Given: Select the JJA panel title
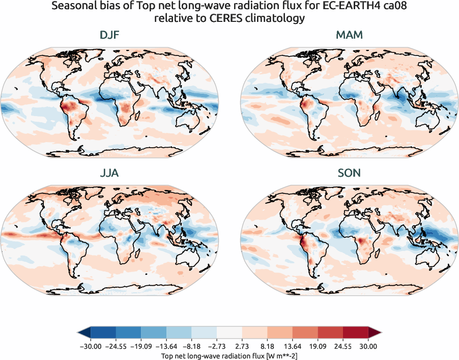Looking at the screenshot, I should pyautogui.click(x=109, y=173).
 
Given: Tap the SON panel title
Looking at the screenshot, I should pyautogui.click(x=349, y=173).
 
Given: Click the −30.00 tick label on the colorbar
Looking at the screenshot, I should pyautogui.click(x=91, y=346).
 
